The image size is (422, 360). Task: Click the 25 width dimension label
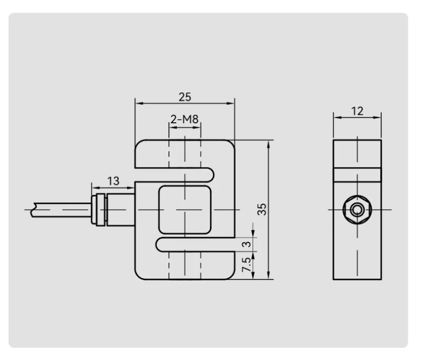pyautogui.click(x=185, y=97)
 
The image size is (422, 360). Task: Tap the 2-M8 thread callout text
pyautogui.click(x=185, y=119)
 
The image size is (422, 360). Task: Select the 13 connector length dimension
pyautogui.click(x=113, y=181)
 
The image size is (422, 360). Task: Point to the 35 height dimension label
pyautogui.click(x=262, y=209)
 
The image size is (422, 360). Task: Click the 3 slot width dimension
pyautogui.click(x=246, y=245)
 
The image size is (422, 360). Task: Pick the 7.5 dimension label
pyautogui.click(x=246, y=265)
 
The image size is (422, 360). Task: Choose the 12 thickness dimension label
pyautogui.click(x=357, y=111)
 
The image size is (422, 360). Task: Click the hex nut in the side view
pyautogui.click(x=358, y=210)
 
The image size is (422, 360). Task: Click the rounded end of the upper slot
pyautogui.click(x=212, y=175)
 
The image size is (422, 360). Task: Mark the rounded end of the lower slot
pyautogui.click(x=159, y=245)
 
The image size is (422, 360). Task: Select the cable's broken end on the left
pyautogui.click(x=33, y=210)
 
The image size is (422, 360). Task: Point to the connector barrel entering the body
pyautogui.click(x=121, y=210)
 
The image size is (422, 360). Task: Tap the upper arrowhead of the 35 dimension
pyautogui.click(x=268, y=144)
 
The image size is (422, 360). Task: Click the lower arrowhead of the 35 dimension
pyautogui.click(x=268, y=275)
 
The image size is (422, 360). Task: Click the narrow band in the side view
pyautogui.click(x=358, y=175)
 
